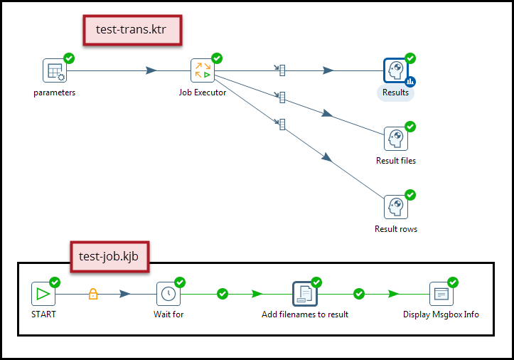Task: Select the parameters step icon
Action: point(54,70)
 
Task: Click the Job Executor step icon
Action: point(202,70)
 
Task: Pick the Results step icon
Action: point(395,70)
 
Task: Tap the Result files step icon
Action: point(395,139)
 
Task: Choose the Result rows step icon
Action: point(395,207)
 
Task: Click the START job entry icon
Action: point(43,293)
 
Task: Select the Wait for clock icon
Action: point(168,293)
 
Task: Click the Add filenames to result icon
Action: point(304,293)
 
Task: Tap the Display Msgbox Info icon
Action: point(441,293)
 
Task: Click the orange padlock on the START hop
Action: point(92,293)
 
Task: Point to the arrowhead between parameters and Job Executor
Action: point(151,70)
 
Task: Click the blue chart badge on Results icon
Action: point(410,82)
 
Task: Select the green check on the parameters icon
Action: point(69,58)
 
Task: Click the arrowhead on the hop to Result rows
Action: point(327,157)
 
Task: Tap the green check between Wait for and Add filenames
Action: point(222,293)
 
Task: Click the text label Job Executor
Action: point(203,92)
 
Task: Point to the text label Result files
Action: point(396,161)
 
